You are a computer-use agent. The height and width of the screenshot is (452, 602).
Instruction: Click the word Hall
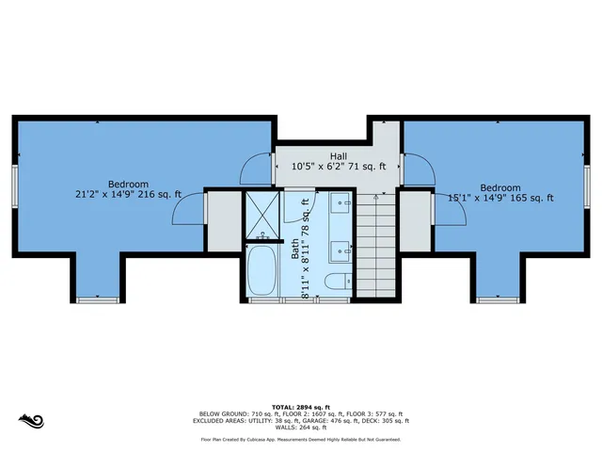click(x=340, y=155)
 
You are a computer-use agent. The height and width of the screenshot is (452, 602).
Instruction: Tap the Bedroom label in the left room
click(x=128, y=184)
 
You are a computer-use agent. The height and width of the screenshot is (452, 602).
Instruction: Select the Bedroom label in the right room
click(x=499, y=187)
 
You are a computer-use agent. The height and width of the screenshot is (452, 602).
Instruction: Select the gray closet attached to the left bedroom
click(x=223, y=221)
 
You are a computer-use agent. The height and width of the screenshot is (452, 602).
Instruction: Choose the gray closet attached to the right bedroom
click(x=415, y=221)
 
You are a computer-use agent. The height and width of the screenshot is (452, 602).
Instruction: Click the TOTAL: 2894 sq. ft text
click(x=301, y=405)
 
